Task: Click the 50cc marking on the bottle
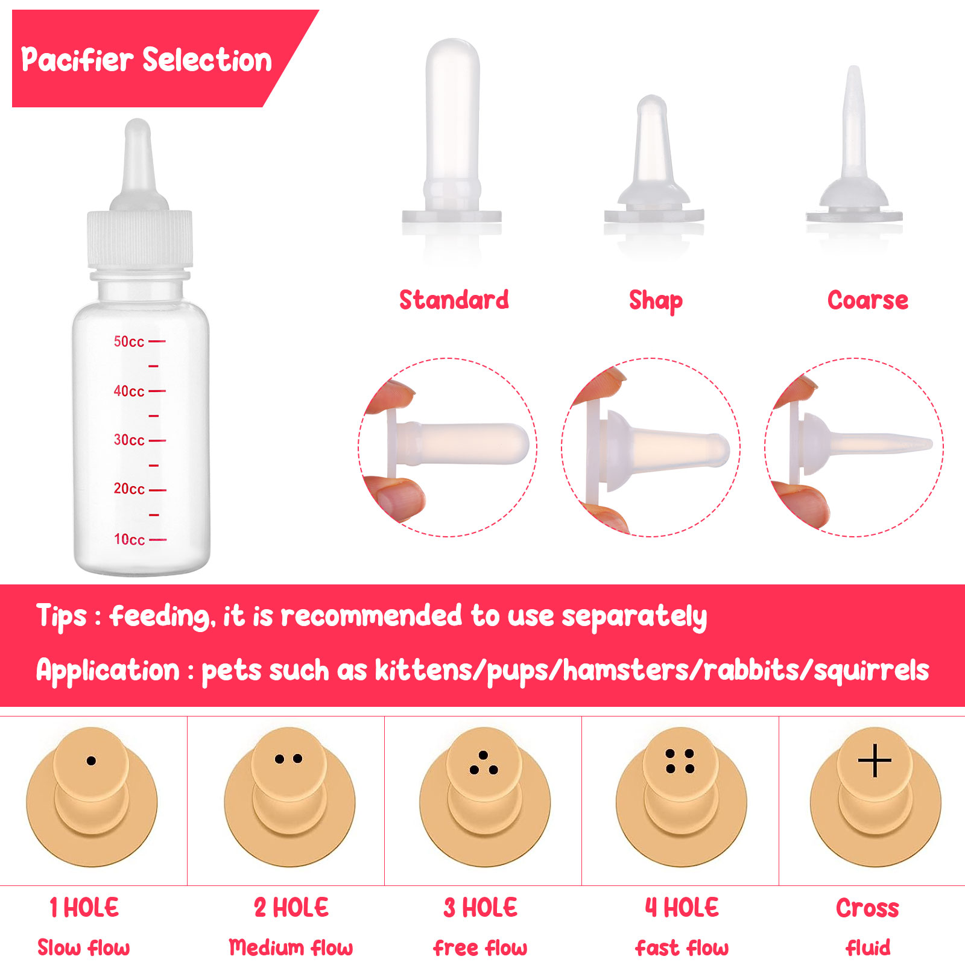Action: click(129, 341)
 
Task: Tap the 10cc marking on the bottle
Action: click(129, 539)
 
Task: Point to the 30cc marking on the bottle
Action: click(129, 440)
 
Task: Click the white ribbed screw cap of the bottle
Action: click(140, 239)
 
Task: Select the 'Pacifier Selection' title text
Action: click(147, 60)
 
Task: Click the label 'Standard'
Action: click(454, 300)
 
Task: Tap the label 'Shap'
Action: click(656, 301)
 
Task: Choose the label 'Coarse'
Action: click(868, 300)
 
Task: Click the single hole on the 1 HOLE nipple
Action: click(91, 761)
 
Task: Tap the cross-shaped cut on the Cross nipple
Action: click(875, 761)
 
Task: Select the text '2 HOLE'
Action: click(291, 907)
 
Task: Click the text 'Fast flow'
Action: click(682, 948)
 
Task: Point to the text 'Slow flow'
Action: click(84, 948)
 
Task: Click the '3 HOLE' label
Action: click(481, 907)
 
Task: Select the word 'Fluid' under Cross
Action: click(868, 948)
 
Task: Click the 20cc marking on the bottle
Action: click(129, 489)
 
